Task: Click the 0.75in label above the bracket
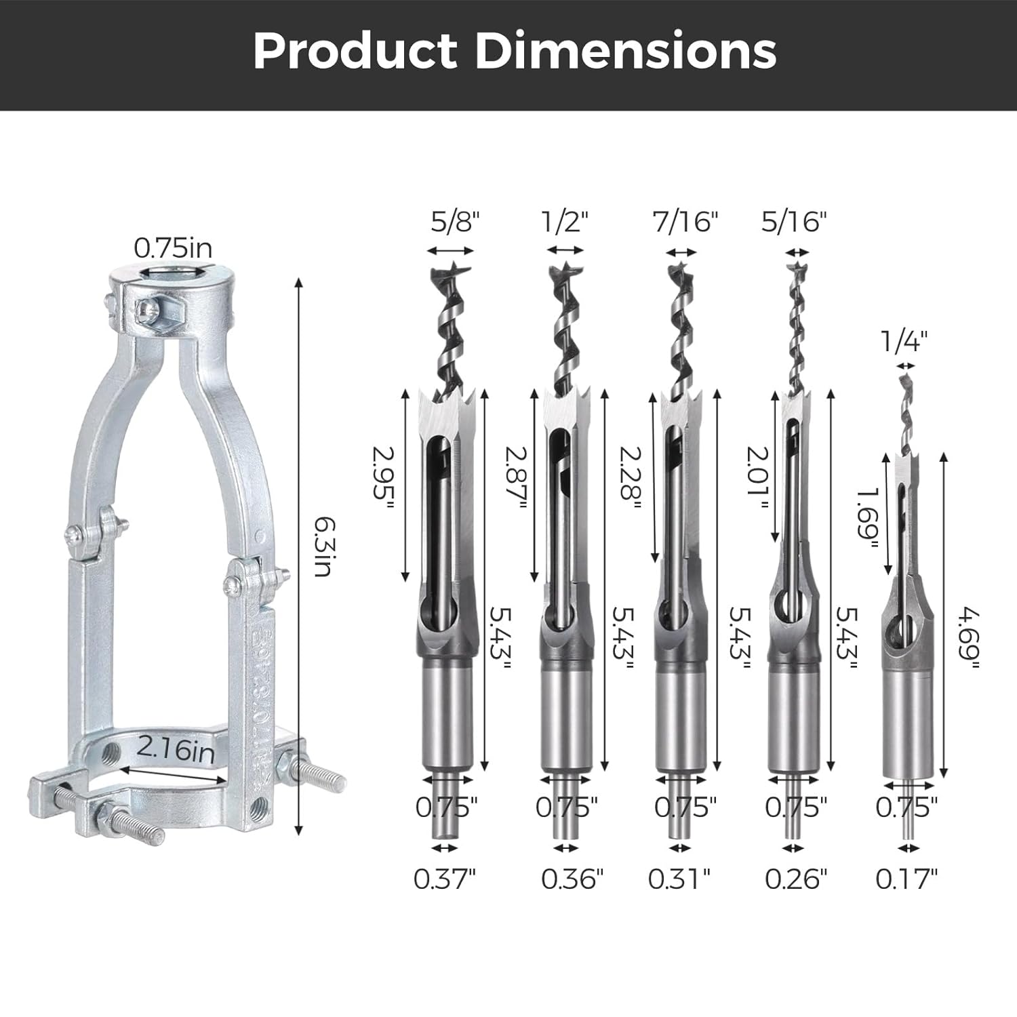172,248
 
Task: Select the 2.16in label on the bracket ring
176,751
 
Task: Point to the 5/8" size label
455,222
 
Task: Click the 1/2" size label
565,222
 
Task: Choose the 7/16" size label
685,222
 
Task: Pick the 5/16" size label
794,222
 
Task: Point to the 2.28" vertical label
631,473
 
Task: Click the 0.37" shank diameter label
445,879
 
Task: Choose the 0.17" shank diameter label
906,879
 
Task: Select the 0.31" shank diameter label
679,879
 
